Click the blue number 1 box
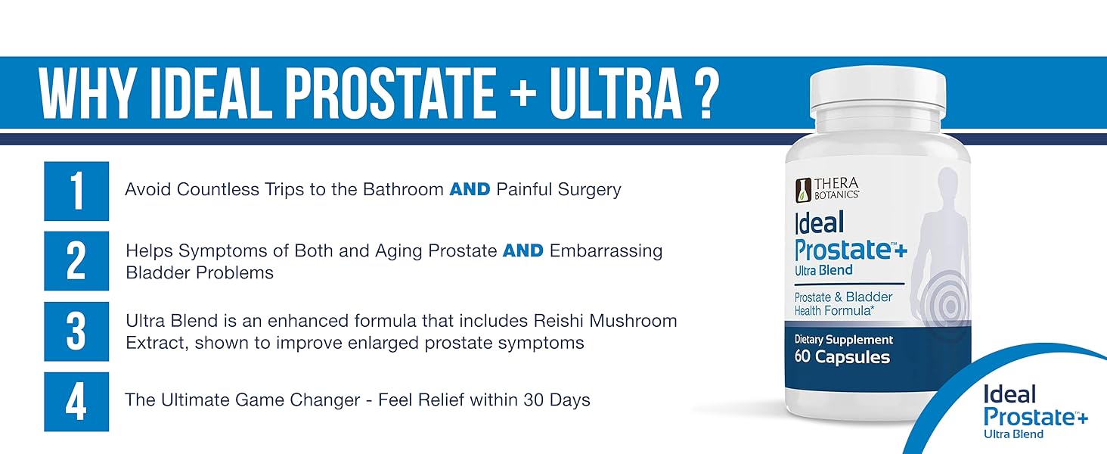76,191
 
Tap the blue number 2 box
76,260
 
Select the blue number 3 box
76,331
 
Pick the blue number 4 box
76,402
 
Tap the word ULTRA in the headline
616,94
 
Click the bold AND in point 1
470,189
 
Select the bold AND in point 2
522,250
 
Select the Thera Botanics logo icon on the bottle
803,190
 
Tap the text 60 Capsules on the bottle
842,357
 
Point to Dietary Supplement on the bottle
844,340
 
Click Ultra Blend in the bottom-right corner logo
1013,434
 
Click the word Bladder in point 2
157,272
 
